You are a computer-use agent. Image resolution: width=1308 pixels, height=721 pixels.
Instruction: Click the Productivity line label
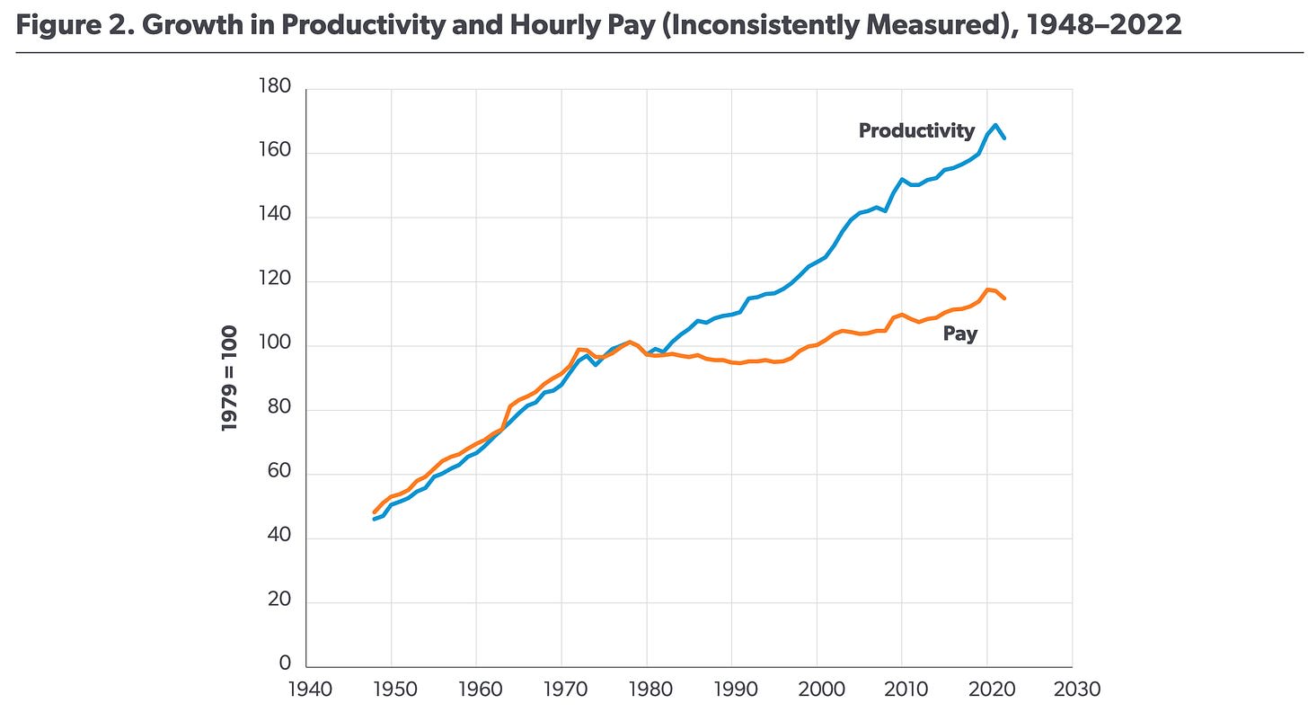click(x=916, y=130)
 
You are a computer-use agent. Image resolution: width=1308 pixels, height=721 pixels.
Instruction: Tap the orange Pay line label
click(x=959, y=334)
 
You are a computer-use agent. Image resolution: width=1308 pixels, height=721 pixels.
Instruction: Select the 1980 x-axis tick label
click(x=647, y=690)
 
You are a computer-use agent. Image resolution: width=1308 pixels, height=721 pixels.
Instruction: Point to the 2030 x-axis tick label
click(x=1073, y=690)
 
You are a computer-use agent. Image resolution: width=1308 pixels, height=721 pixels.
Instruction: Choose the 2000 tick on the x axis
click(x=817, y=690)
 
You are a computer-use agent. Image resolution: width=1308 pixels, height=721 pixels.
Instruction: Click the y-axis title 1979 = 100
click(x=230, y=378)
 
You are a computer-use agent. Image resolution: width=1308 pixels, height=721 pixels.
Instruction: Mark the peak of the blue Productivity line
click(x=995, y=125)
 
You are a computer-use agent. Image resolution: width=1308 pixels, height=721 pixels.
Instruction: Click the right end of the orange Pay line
click(x=1004, y=298)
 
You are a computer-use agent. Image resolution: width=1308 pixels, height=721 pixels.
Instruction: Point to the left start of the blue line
click(x=375, y=519)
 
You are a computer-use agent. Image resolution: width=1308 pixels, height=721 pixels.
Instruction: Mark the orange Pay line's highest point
click(x=987, y=289)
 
